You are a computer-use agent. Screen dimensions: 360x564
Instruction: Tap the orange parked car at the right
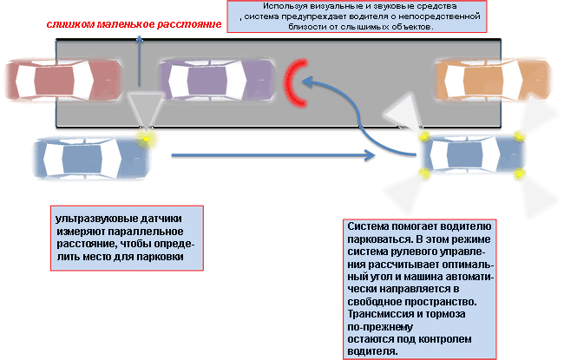click(x=478, y=78)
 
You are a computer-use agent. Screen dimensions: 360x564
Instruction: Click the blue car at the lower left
click(x=87, y=158)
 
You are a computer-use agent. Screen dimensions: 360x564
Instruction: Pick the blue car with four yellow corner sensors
click(x=472, y=156)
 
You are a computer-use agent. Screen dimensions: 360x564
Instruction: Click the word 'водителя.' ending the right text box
click(x=371, y=351)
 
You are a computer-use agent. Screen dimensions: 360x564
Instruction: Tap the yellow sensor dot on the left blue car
click(x=148, y=136)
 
